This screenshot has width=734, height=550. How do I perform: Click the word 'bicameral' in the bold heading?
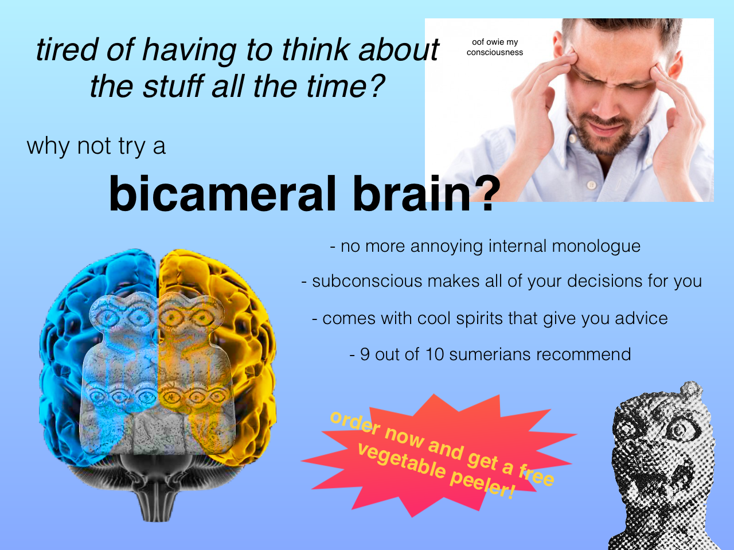tap(222, 194)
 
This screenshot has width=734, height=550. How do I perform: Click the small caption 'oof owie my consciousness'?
tap(495, 47)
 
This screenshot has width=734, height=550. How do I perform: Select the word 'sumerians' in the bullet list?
tap(490, 354)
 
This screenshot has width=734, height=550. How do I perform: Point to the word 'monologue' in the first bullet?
tap(596, 247)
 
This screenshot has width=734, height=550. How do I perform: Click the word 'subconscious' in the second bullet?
tap(367, 281)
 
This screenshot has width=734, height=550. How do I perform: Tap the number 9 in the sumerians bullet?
tap(365, 354)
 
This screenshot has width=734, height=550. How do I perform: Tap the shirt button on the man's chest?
tap(592, 184)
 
